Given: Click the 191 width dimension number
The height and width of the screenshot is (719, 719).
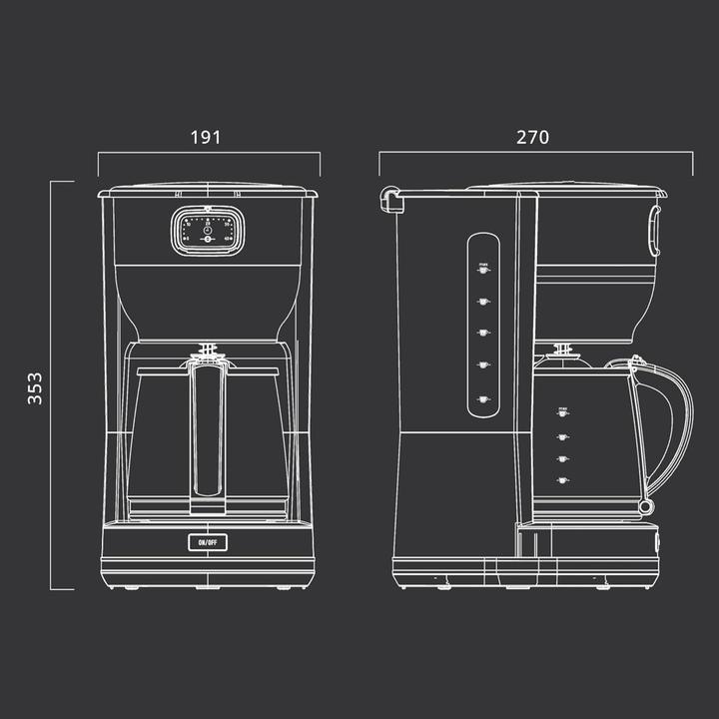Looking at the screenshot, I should coord(206,137).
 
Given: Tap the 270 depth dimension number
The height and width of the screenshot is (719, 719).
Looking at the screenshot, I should coord(532,137).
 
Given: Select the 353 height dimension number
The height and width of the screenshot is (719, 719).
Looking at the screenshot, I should coord(35,387).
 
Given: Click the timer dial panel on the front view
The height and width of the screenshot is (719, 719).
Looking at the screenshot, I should coord(206,230).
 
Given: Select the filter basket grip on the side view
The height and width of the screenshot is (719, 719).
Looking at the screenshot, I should coord(655,230).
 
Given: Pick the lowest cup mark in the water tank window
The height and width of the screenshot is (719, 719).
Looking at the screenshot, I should coord(482,399).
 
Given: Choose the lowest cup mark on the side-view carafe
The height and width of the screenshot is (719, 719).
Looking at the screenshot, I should coord(563,480).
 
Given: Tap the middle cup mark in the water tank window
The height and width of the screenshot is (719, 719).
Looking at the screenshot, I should coord(482,334).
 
